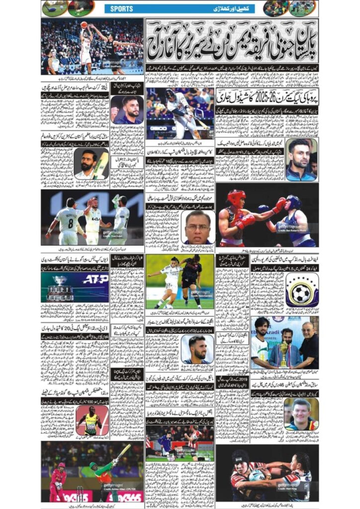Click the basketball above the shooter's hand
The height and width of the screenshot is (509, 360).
coord(84,24)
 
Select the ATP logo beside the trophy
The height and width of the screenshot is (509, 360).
coord(95,279)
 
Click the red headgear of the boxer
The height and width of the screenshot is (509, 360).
coord(236,197)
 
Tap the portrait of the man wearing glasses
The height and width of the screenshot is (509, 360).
coord(198,227)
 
